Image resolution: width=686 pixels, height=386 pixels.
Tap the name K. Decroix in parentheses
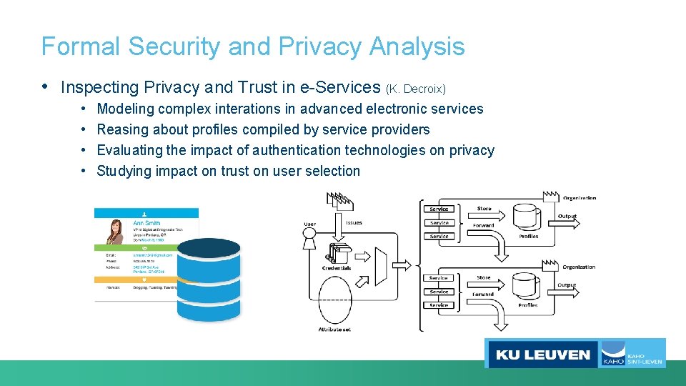pos(416,89)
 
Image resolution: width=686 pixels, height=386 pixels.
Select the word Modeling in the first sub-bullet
pos(125,109)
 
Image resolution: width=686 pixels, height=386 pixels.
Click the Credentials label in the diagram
pos(335,267)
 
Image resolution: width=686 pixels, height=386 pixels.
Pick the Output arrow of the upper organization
pos(567,222)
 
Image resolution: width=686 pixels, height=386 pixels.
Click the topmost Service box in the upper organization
pos(439,209)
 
